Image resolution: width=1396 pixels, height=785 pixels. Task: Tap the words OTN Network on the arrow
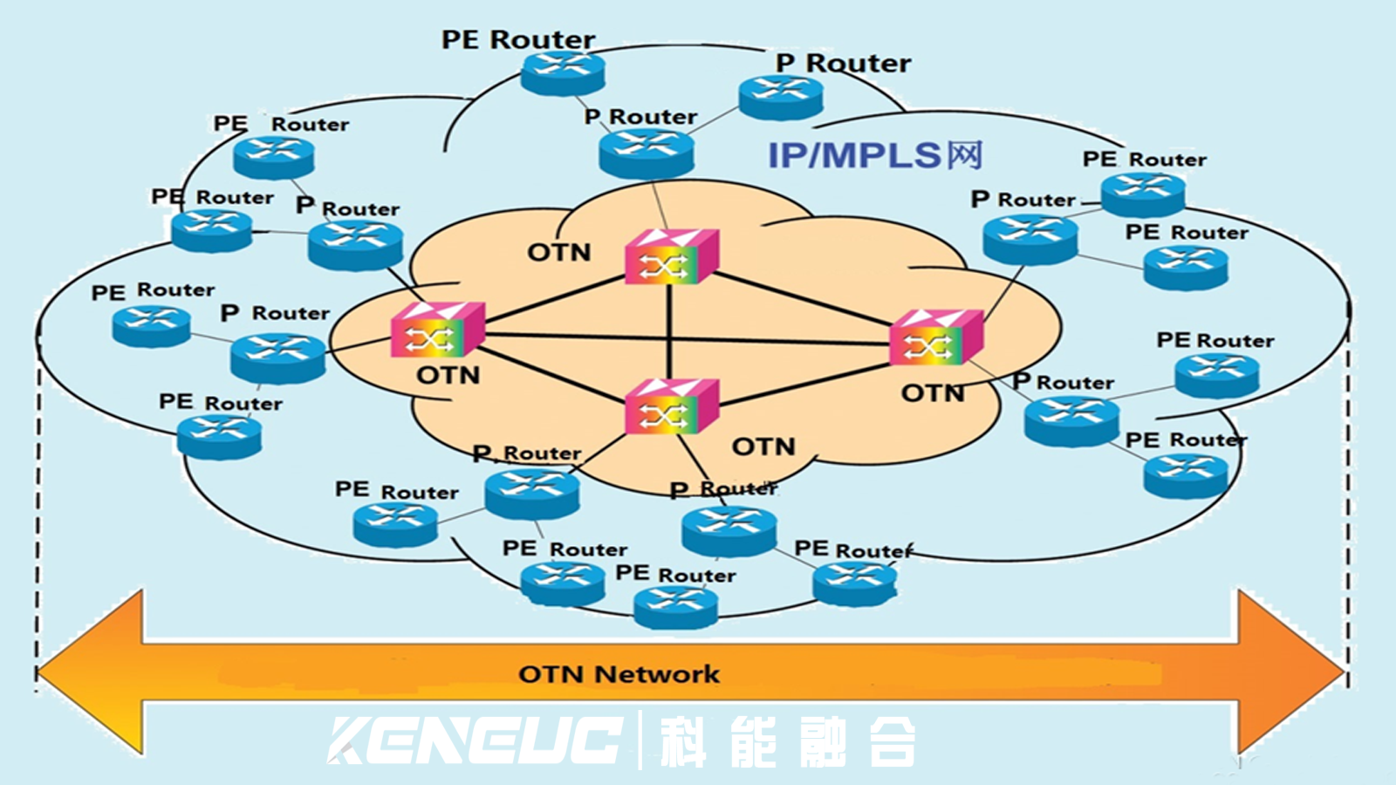(x=619, y=674)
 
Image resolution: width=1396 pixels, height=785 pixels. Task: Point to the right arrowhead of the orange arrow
(x=1291, y=672)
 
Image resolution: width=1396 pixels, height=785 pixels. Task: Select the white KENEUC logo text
(x=475, y=741)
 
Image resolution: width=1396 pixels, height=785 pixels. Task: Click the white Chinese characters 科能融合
(x=788, y=741)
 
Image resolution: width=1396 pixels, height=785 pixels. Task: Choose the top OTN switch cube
(x=672, y=256)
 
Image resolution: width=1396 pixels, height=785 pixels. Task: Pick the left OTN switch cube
(x=437, y=330)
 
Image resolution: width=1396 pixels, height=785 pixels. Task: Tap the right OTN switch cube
(x=936, y=337)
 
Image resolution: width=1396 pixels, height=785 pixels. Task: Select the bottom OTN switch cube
(x=672, y=406)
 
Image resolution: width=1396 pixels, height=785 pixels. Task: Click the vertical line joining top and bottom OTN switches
(x=668, y=331)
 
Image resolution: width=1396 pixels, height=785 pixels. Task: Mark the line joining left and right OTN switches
(x=687, y=339)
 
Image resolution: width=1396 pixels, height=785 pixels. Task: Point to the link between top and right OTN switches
(x=804, y=299)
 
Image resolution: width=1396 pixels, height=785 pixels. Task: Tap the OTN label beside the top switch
(x=559, y=253)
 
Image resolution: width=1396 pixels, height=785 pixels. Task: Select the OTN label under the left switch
(x=448, y=376)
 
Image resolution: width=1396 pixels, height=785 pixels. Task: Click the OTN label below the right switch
(x=933, y=393)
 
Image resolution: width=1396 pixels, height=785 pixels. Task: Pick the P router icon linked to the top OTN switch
(x=647, y=154)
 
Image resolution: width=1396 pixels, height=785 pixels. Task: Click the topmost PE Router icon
(x=563, y=73)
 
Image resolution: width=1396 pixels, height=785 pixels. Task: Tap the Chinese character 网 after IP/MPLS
(x=965, y=155)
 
